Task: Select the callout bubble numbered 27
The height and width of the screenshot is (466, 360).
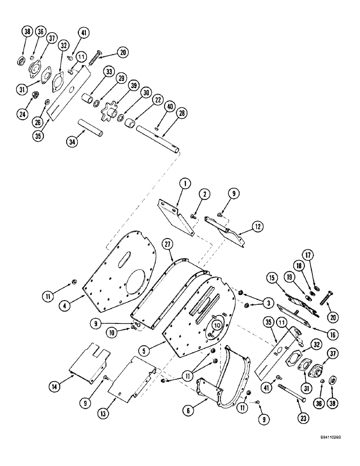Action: click(168, 244)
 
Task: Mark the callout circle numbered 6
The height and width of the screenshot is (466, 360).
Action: click(190, 411)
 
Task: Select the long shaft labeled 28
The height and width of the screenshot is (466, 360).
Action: click(157, 138)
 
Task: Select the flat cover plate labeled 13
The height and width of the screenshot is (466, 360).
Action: click(132, 377)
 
